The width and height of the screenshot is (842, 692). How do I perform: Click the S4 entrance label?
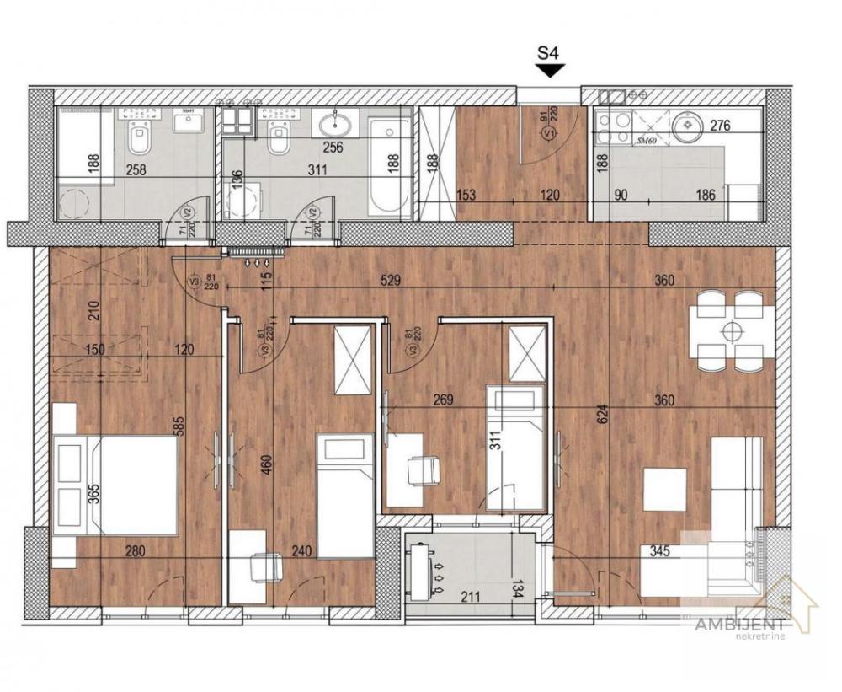pyautogui.click(x=549, y=54)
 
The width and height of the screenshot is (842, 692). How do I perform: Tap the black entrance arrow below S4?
pyautogui.click(x=549, y=72)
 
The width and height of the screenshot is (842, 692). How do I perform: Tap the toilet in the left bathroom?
pyautogui.click(x=139, y=132)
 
